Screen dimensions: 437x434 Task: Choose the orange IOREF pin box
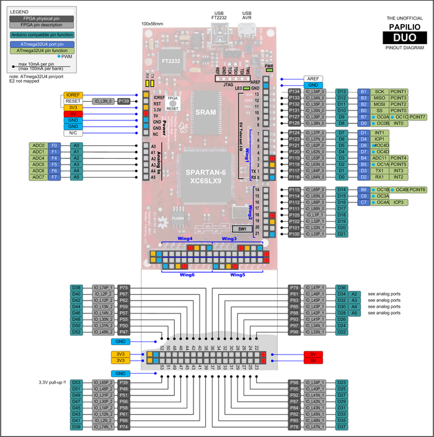tap(74, 95)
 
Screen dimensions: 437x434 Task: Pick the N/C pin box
tap(74, 132)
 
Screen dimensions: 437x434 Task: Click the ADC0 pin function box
tap(38, 145)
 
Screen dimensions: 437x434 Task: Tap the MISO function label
tap(379, 97)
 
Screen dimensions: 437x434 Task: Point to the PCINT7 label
tap(417, 116)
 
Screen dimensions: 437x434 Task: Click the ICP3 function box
tap(398, 202)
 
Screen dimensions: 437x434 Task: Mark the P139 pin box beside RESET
tap(123, 101)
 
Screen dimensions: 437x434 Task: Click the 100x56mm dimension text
tap(153, 24)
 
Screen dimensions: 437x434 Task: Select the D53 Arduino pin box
tap(77, 382)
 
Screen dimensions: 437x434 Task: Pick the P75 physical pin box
tap(124, 287)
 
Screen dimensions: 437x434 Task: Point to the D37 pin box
tap(341, 426)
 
